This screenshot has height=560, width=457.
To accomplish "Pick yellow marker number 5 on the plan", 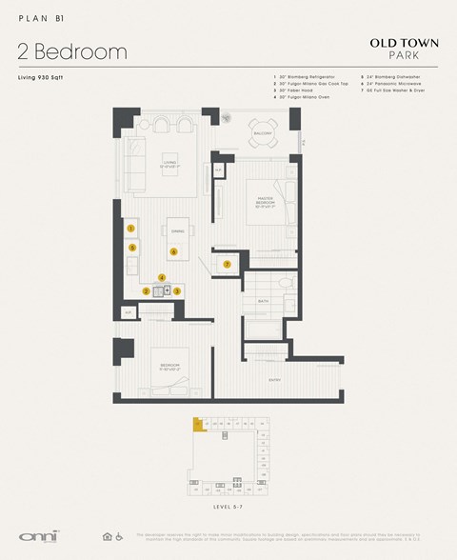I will coord(132,248).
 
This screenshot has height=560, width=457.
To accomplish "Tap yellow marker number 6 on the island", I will coord(173,251).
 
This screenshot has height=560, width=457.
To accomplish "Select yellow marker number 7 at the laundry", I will coord(227,264).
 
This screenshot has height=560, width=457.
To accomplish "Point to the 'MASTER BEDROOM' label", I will coord(264,200).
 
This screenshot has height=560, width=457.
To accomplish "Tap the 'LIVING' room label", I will coord(171,162).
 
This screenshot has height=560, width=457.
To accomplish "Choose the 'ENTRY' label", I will coord(274,379).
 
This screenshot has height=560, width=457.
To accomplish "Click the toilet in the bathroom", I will coord(286,283).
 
